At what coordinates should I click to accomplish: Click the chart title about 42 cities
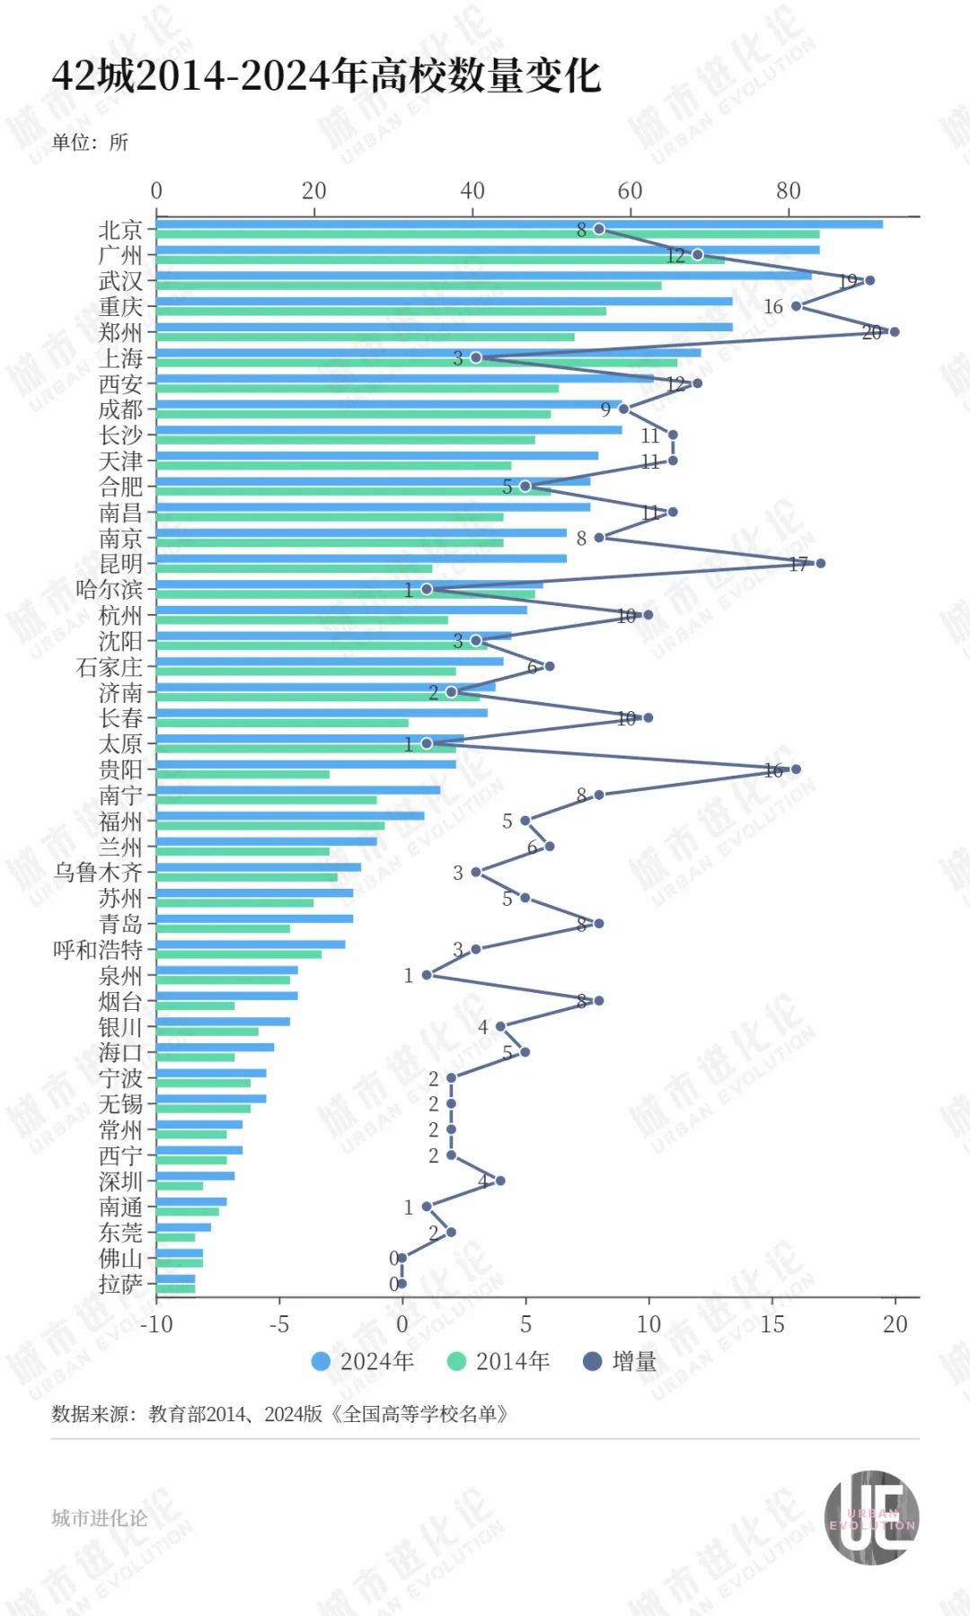326,75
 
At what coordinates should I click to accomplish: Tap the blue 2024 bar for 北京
519,224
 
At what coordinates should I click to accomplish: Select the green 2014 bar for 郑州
366,338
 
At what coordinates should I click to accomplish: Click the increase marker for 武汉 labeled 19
869,280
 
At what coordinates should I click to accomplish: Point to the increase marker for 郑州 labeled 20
894,332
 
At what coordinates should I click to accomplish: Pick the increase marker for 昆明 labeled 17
820,563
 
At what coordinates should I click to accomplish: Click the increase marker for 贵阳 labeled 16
796,769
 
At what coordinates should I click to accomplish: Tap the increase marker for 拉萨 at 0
401,1284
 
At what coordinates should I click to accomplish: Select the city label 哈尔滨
109,590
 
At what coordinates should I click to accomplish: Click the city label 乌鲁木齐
98,873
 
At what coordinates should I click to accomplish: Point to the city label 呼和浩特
98,950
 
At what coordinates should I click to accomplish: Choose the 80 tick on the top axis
788,190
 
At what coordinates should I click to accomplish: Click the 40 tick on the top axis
472,190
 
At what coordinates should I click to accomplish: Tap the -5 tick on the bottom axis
279,1324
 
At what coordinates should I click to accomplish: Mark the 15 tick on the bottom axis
772,1324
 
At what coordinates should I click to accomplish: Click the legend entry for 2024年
363,1362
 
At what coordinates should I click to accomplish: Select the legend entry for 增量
620,1362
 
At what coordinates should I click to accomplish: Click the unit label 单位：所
90,143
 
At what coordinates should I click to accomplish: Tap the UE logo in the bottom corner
871,1517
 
